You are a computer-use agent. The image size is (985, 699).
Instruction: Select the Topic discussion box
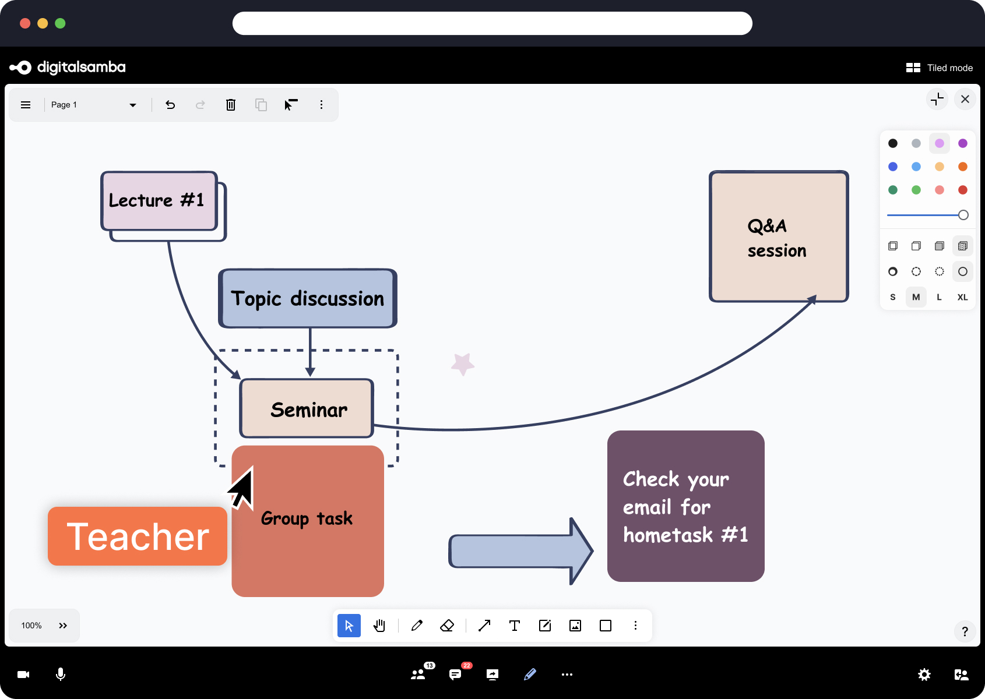(308, 298)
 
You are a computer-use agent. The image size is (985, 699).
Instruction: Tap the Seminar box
(307, 409)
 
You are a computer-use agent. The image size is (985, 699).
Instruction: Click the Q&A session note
(778, 237)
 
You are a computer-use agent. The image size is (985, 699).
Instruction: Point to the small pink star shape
(463, 364)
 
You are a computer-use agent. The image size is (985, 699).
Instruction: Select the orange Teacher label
(138, 536)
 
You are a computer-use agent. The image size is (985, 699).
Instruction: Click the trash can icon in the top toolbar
(231, 105)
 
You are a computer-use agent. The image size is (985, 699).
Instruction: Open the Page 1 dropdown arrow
(133, 105)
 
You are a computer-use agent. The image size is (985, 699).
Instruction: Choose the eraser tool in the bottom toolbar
(447, 626)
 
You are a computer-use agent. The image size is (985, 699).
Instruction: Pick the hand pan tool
(379, 626)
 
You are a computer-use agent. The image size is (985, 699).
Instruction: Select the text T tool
(515, 626)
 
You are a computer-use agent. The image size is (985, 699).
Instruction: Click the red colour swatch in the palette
(962, 190)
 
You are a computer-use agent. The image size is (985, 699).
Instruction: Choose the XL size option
(962, 297)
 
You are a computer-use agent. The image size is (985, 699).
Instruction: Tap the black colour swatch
(893, 143)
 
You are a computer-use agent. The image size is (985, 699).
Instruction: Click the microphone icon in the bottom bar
(61, 675)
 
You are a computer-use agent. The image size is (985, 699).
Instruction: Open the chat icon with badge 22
(455, 675)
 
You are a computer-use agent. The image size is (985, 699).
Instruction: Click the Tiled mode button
(939, 68)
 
